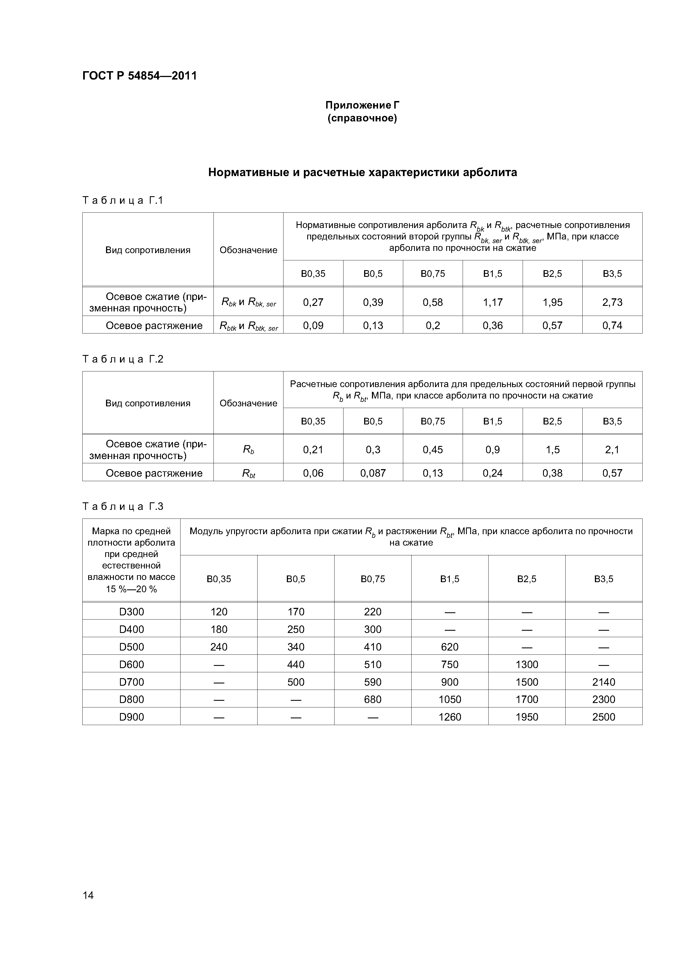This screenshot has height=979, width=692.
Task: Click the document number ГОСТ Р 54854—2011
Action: [x=140, y=76]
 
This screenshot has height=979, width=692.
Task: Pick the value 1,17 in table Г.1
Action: [x=492, y=302]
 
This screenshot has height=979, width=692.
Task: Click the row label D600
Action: [x=131, y=664]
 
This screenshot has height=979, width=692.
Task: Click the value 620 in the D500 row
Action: [x=450, y=647]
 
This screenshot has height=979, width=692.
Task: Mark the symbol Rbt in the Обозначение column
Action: [x=249, y=473]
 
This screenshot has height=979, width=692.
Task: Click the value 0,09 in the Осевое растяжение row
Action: [x=313, y=326]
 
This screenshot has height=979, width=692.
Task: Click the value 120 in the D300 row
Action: [x=219, y=612]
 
